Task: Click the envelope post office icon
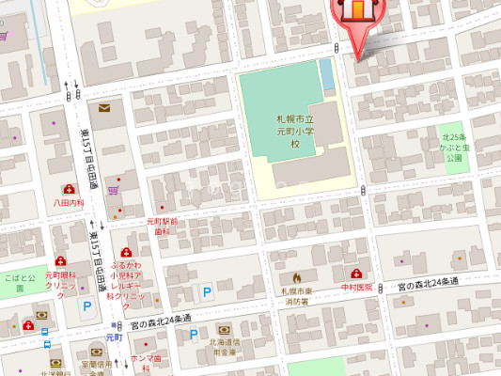(102, 109)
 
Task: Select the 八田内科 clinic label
(70, 201)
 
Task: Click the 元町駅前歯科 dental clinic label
(162, 226)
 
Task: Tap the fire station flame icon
(297, 278)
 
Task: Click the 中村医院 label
(356, 287)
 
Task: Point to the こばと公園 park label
(19, 278)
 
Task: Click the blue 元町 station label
(114, 337)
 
